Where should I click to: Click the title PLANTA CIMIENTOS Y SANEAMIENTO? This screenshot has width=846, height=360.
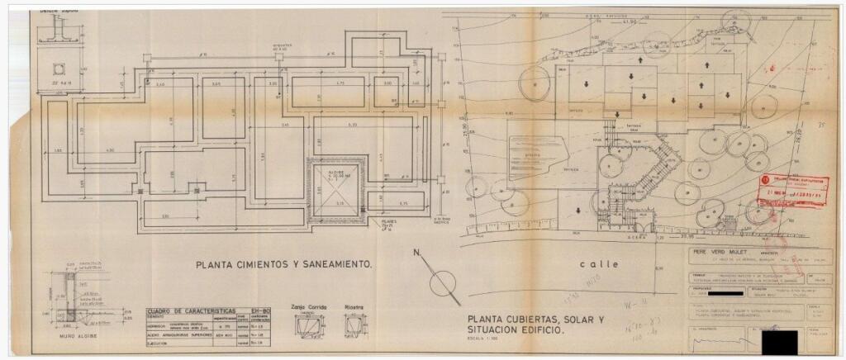point(284,265)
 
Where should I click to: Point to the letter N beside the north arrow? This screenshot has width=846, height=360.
point(417,253)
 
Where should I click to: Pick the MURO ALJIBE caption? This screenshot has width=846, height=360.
point(71,335)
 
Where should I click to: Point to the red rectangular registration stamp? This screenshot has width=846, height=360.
point(791,191)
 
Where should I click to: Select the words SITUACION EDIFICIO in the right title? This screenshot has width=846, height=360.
point(515,329)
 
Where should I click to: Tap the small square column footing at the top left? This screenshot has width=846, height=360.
point(60,69)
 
